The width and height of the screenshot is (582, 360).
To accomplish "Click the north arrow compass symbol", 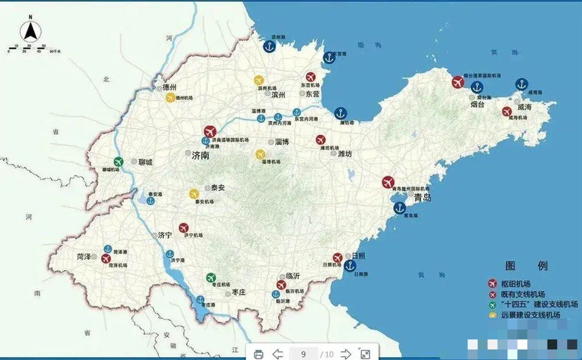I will [32, 32].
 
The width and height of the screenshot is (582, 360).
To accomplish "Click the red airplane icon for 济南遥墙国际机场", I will [209, 131].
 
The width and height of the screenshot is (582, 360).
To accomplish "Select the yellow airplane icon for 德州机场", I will [170, 98].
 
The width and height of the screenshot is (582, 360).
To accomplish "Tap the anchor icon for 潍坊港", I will [341, 112].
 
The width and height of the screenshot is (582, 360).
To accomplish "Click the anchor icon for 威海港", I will [522, 84].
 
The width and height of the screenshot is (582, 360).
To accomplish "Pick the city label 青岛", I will [422, 198].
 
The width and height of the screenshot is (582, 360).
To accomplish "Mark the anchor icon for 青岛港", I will [399, 207].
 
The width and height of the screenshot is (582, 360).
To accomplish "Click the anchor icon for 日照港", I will [350, 265].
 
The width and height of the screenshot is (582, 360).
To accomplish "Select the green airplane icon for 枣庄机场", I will [211, 277].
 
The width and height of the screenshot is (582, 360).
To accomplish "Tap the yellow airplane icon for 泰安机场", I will [194, 193].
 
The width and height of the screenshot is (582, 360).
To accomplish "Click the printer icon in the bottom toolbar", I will [258, 354].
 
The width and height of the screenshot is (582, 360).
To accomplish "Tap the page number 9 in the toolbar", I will [304, 354].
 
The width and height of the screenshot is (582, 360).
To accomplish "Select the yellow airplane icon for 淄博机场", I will [261, 154].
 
